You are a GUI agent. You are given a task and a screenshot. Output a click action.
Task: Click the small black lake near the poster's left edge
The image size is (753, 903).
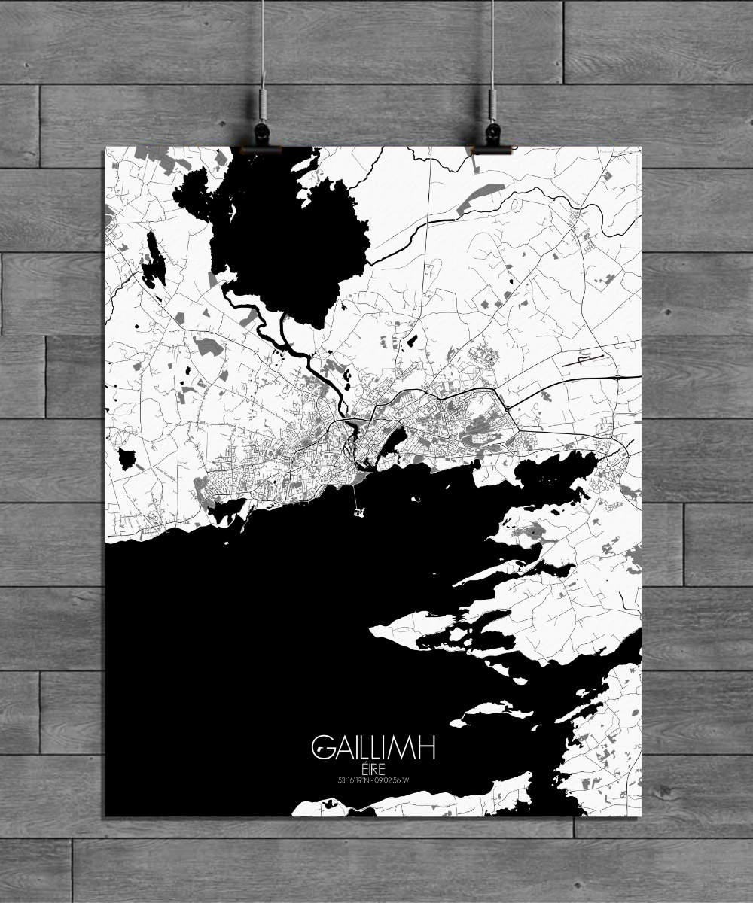[x=126, y=457]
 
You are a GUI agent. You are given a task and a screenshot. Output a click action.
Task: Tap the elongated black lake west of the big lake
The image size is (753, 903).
[x=154, y=260]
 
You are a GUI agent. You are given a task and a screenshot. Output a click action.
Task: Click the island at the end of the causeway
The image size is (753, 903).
[x=358, y=512]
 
